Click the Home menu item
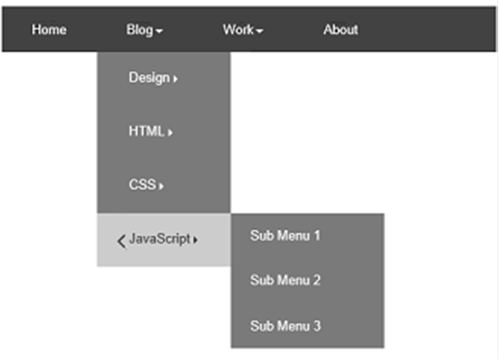pyautogui.click(x=49, y=30)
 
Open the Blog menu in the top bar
pyautogui.click(x=139, y=30)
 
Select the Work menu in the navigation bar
pyautogui.click(x=238, y=30)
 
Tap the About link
pyautogui.click(x=341, y=30)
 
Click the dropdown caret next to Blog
pyautogui.click(x=160, y=31)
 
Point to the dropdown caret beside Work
pyautogui.click(x=259, y=31)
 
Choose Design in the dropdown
pyautogui.click(x=149, y=78)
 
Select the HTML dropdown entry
pyautogui.click(x=146, y=131)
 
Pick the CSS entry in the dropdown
pyautogui.click(x=142, y=184)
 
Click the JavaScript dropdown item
pyautogui.click(x=160, y=239)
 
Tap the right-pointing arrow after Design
pyautogui.click(x=176, y=79)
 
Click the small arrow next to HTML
pyautogui.click(x=171, y=132)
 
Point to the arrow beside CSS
pyautogui.click(x=161, y=186)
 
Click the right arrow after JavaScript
pyautogui.click(x=195, y=240)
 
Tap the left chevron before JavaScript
pyautogui.click(x=122, y=242)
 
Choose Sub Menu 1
pyautogui.click(x=285, y=236)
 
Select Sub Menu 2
pyautogui.click(x=285, y=281)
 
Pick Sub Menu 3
pyautogui.click(x=285, y=326)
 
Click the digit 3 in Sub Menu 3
pyautogui.click(x=317, y=326)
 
